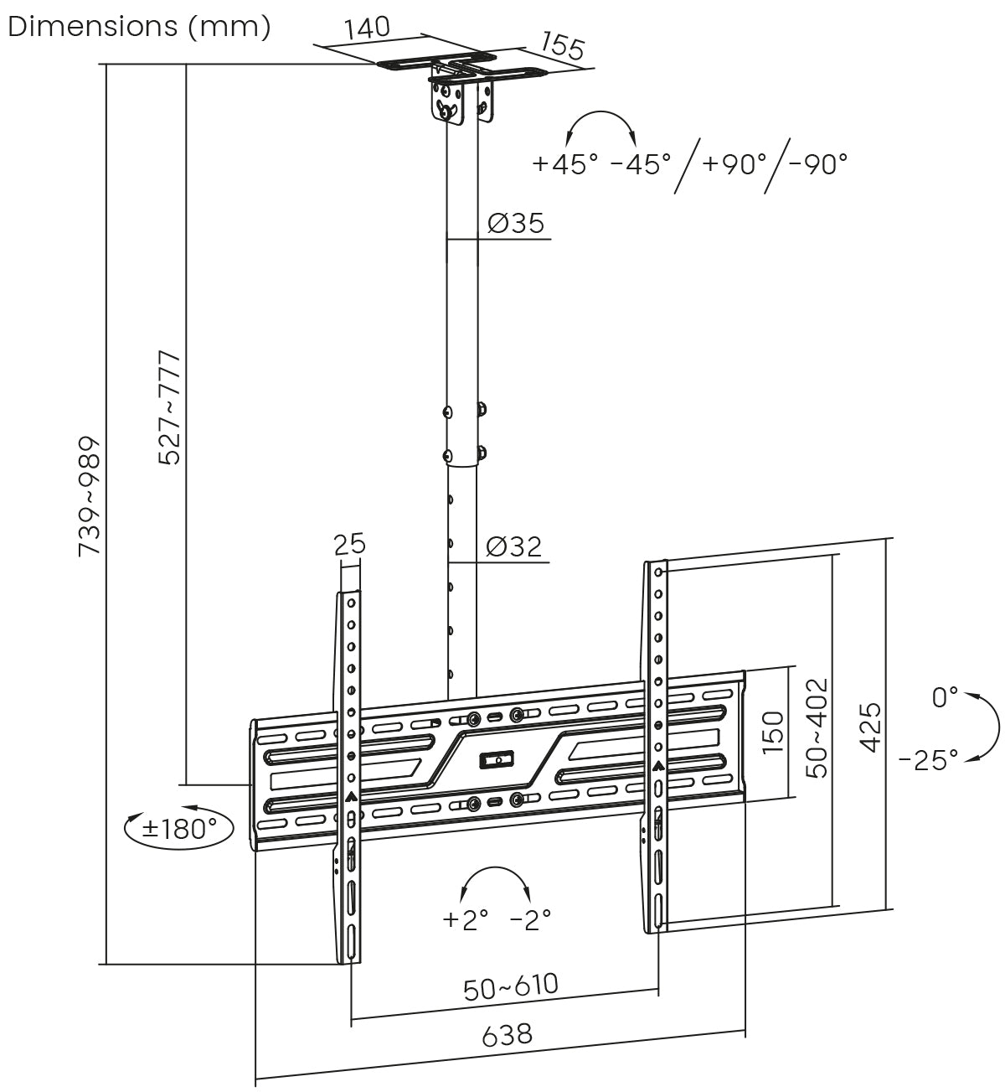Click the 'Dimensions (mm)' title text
click(139, 27)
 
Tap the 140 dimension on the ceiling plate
click(368, 28)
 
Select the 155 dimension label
click(563, 46)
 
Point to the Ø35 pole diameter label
click(516, 223)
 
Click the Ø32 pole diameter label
click(513, 546)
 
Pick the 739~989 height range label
click(90, 496)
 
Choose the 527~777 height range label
click(168, 408)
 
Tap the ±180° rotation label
click(179, 829)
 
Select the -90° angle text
click(818, 163)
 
